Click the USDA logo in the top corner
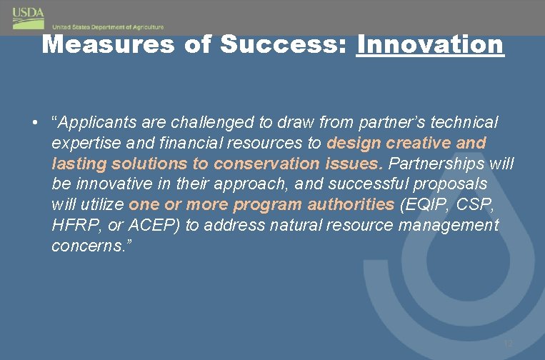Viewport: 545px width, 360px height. click(x=28, y=14)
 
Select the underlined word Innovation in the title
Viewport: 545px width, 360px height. click(x=430, y=44)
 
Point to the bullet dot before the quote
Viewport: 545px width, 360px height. click(x=34, y=122)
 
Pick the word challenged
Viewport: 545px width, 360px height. click(x=199, y=122)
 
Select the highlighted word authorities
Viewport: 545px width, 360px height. click(x=351, y=205)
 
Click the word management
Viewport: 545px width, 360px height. click(x=448, y=226)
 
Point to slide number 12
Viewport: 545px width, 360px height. click(x=509, y=344)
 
